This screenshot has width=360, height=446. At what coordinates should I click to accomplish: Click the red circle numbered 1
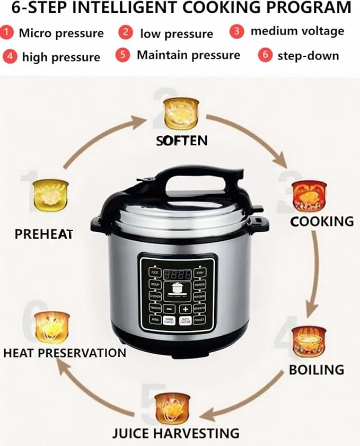pos(7,33)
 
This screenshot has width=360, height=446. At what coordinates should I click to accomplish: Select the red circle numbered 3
pos(236,31)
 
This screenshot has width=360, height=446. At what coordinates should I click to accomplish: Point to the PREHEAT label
pos(43,233)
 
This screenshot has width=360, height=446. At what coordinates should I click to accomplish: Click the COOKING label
pos(322,221)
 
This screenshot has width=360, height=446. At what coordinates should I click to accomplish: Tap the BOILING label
pos(317,369)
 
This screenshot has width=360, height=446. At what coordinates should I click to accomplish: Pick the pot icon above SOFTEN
pos(181,113)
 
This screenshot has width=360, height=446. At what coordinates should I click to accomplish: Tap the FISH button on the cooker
pos(199,273)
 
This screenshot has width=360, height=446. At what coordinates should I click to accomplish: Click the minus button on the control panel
pos(169,309)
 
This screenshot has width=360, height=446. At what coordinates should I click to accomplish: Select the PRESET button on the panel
pos(199,320)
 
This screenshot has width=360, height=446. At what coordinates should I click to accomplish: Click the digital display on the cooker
pos(177,275)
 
